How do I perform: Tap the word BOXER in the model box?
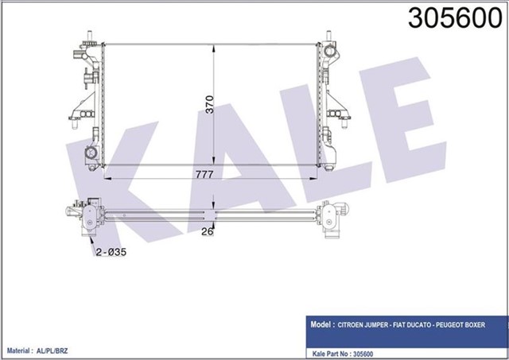pos(492,326)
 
